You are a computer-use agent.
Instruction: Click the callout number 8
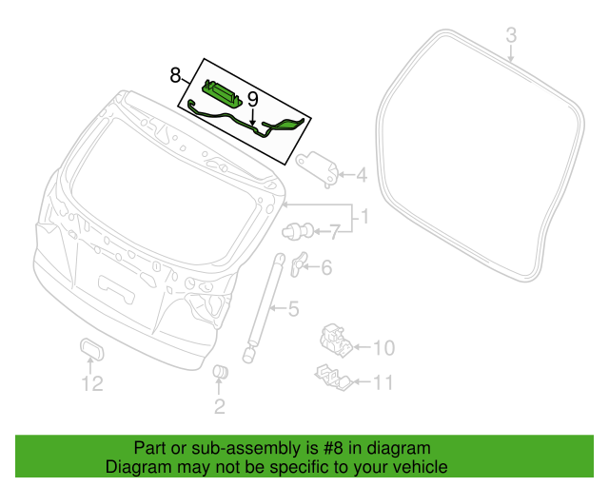(175, 74)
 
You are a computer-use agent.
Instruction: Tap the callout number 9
(252, 99)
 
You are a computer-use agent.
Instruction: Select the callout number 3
(510, 35)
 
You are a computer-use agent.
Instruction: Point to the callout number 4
(361, 174)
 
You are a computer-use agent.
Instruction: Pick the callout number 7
(334, 230)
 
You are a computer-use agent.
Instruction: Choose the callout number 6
(326, 268)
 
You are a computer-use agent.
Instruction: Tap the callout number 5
(294, 308)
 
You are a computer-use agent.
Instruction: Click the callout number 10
(381, 347)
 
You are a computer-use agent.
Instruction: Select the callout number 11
(381, 383)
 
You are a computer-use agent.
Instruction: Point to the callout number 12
(90, 384)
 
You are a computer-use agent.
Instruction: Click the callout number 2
(219, 408)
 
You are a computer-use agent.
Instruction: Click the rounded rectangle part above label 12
(91, 350)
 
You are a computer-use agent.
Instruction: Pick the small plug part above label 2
(219, 372)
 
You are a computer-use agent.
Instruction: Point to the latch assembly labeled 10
(334, 338)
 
